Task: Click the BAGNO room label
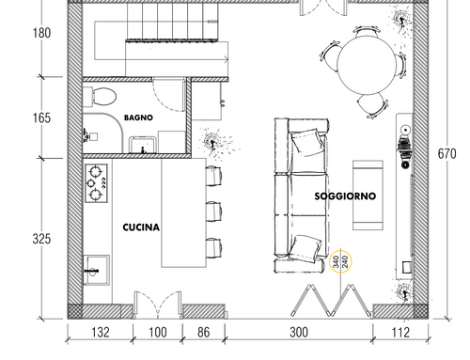pyautogui.click(x=138, y=117)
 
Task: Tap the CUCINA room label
pyautogui.click(x=141, y=227)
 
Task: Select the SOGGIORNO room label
pyautogui.click(x=345, y=196)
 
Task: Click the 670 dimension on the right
pyautogui.click(x=446, y=154)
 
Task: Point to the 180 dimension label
pyautogui.click(x=41, y=33)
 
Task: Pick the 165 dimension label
pyautogui.click(x=41, y=117)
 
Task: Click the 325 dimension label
pyautogui.click(x=41, y=239)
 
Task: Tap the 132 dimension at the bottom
pyautogui.click(x=101, y=333)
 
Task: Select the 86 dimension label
pyautogui.click(x=204, y=333)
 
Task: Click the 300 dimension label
pyautogui.click(x=299, y=333)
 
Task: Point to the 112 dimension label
pyautogui.click(x=400, y=333)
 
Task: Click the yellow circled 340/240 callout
pyautogui.click(x=340, y=261)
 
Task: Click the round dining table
pyautogui.click(x=368, y=65)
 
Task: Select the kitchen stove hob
pyautogui.click(x=97, y=183)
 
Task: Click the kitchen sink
pyautogui.click(x=97, y=270)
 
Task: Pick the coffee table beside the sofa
pyautogui.click(x=368, y=196)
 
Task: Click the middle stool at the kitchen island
pyautogui.click(x=214, y=212)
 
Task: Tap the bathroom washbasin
pyautogui.click(x=143, y=145)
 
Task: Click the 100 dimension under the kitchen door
pyautogui.click(x=158, y=333)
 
